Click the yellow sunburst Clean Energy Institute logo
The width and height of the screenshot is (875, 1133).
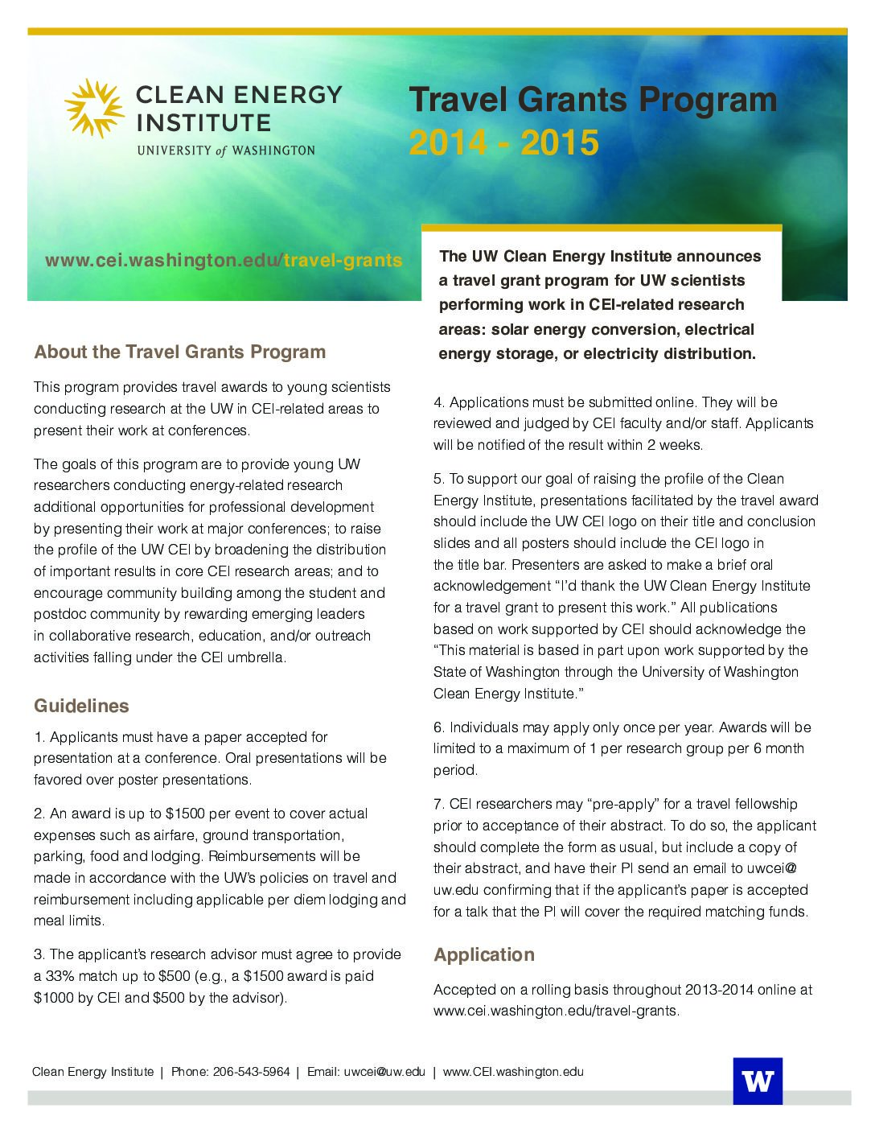pyautogui.click(x=94, y=109)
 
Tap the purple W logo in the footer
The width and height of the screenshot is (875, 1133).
pyautogui.click(x=757, y=1081)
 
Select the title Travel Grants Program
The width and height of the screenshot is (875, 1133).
pyautogui.click(x=593, y=101)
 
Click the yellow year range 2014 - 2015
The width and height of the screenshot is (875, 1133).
pyautogui.click(x=503, y=143)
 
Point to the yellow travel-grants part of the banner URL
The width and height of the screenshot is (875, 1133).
pyautogui.click(x=343, y=261)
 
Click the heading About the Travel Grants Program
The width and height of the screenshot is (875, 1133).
pyautogui.click(x=179, y=352)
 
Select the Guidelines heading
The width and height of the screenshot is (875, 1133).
pyautogui.click(x=81, y=706)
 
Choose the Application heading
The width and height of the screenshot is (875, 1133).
pyautogui.click(x=483, y=954)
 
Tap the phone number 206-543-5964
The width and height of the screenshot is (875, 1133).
pyautogui.click(x=251, y=1072)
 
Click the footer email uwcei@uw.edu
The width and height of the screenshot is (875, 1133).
pyautogui.click(x=384, y=1072)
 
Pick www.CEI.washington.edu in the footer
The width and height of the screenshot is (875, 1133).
pyautogui.click(x=513, y=1072)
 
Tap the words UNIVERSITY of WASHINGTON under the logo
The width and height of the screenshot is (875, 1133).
pyautogui.click(x=226, y=150)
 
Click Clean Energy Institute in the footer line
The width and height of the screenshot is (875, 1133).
pyautogui.click(x=92, y=1072)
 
